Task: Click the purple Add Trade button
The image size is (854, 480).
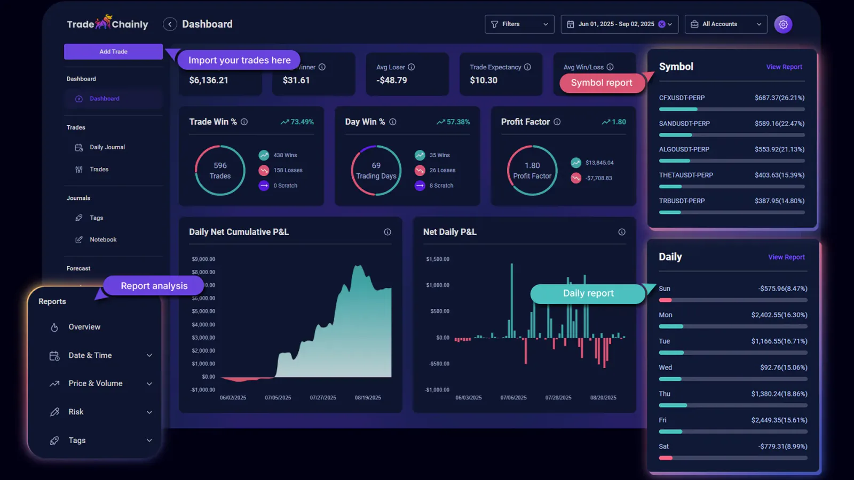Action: (113, 52)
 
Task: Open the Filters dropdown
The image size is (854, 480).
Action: (519, 24)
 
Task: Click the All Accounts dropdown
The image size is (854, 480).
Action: (725, 24)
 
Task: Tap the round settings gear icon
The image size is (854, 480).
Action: (783, 24)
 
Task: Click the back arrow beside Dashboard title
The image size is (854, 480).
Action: (170, 24)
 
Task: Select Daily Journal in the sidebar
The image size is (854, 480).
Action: (107, 147)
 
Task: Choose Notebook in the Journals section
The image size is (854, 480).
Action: (102, 239)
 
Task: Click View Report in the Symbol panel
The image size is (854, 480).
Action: (784, 67)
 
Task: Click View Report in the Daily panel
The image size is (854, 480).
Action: (786, 257)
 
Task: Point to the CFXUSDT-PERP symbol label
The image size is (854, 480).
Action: (682, 98)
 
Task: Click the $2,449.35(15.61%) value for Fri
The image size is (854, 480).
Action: (779, 420)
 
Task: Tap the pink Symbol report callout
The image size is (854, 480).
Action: (601, 83)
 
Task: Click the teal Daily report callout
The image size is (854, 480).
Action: (588, 293)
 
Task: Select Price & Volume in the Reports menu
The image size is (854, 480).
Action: (95, 383)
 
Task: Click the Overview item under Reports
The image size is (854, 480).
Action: (84, 327)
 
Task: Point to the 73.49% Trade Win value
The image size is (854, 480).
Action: (302, 122)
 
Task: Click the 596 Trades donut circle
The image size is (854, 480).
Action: (220, 171)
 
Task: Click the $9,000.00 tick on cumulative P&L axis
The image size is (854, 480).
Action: (203, 259)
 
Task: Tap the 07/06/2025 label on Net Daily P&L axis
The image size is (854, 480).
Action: (513, 398)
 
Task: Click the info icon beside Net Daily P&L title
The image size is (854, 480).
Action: (621, 232)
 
